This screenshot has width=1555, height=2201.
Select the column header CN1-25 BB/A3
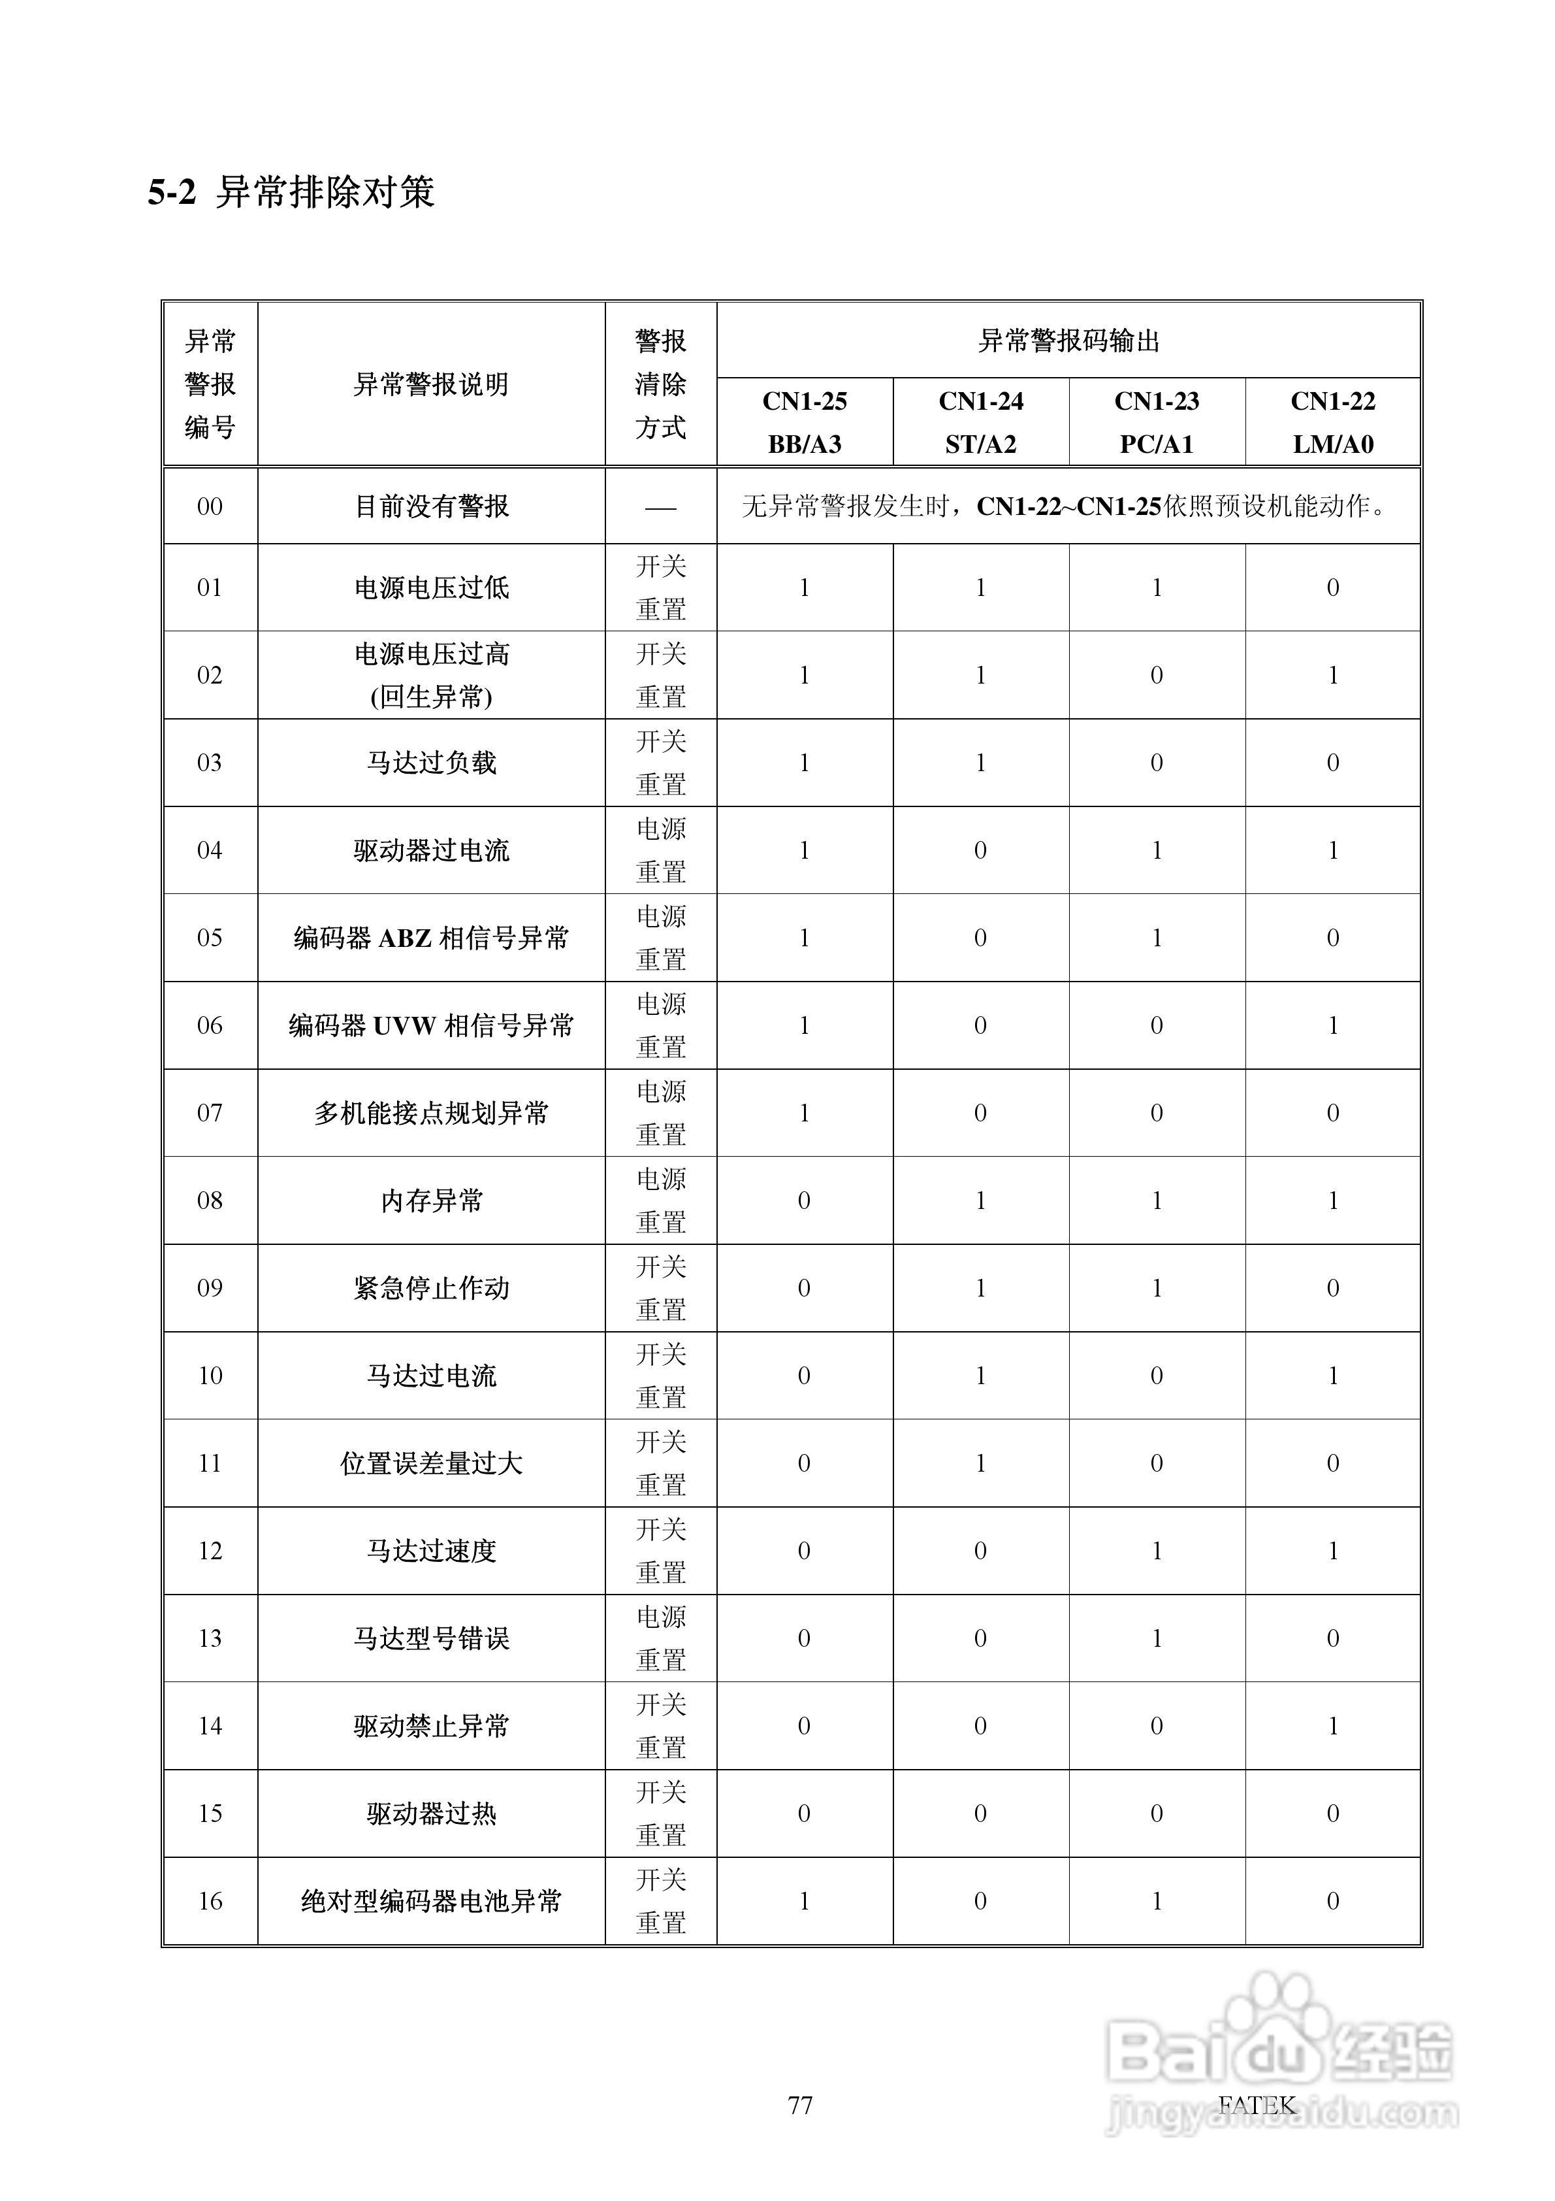(x=804, y=422)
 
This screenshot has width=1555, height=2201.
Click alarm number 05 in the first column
(x=210, y=938)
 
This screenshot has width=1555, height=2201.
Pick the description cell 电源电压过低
(x=431, y=587)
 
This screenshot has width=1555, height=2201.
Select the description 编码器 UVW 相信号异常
(x=431, y=1026)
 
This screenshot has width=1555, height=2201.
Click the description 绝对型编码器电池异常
(x=431, y=1901)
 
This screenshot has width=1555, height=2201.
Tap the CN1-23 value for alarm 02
(x=1157, y=676)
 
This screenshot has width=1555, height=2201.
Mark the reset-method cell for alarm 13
(x=661, y=1638)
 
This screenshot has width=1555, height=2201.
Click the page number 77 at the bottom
(x=800, y=2105)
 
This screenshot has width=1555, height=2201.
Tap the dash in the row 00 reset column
(x=661, y=507)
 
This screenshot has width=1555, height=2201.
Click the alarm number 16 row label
(x=210, y=1901)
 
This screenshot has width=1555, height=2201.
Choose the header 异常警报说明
(x=431, y=384)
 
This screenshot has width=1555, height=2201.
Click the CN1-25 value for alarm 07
(x=804, y=1113)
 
